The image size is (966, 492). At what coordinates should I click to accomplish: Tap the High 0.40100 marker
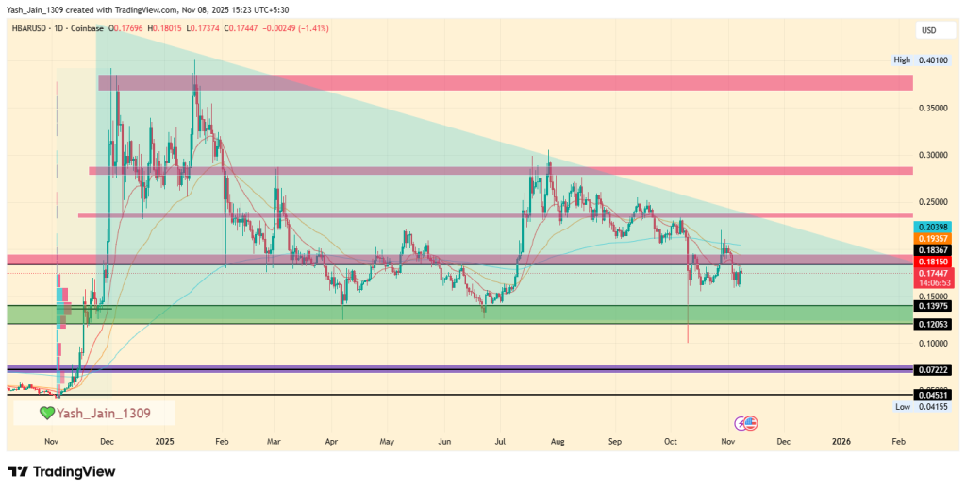pos(921,60)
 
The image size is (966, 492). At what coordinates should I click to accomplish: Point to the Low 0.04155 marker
pos(921,406)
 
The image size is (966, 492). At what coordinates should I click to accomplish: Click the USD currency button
pos(928,31)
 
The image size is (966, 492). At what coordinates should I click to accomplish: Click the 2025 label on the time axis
pos(165,441)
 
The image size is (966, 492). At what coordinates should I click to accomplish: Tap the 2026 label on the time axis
pos(841,441)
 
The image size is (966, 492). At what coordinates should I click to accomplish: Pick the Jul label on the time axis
pos(500,441)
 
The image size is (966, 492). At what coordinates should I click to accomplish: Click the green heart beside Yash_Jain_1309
pos(46,413)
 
